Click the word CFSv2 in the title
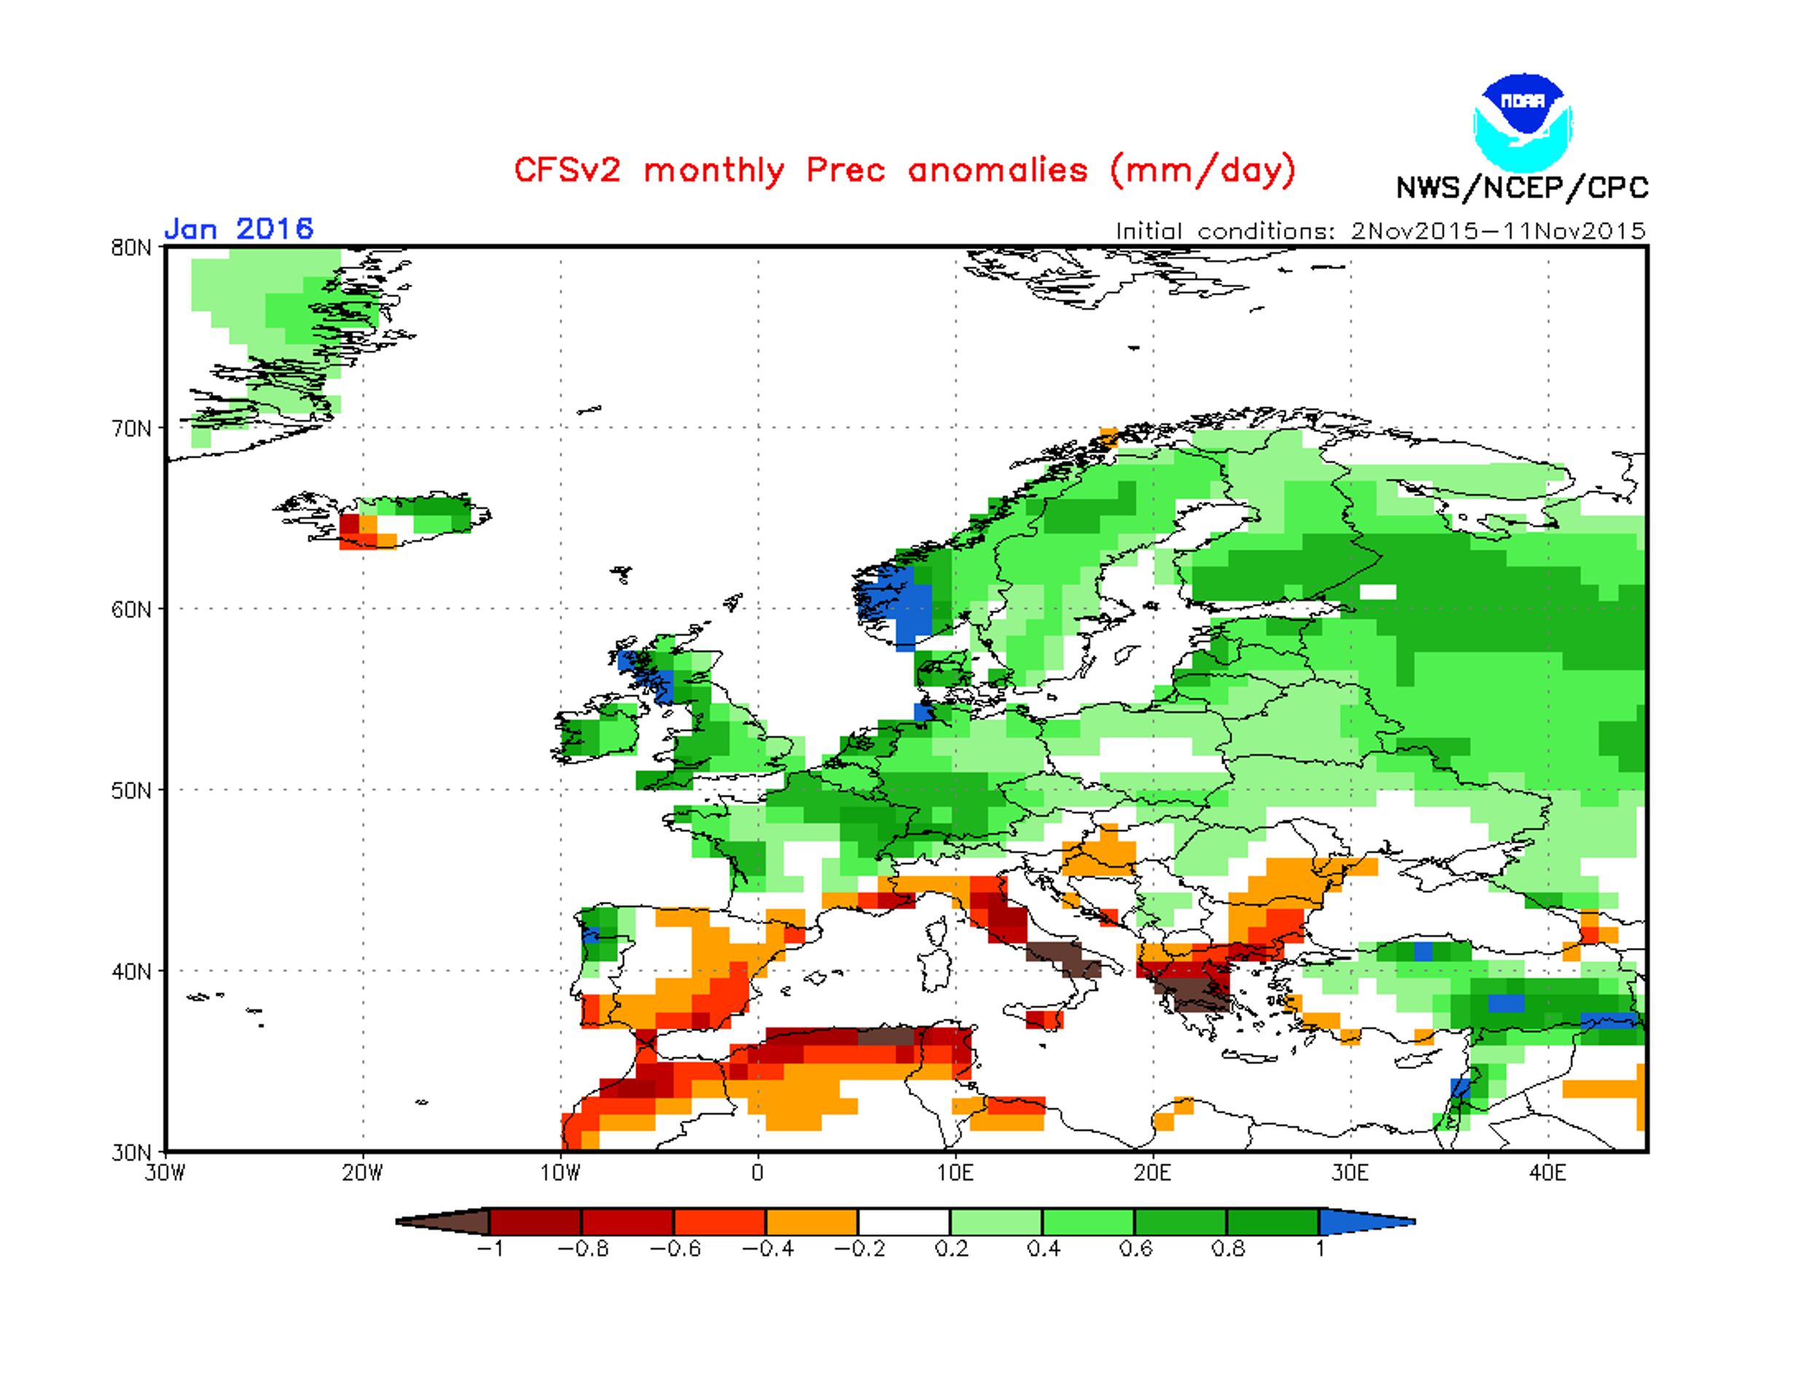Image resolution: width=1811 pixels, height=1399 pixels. tap(568, 170)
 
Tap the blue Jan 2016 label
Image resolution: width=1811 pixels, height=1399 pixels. tap(239, 228)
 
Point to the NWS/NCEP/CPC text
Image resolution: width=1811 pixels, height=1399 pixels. tap(1522, 188)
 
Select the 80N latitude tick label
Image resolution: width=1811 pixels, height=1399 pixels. tap(131, 248)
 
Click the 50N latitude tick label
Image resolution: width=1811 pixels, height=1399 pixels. tap(131, 791)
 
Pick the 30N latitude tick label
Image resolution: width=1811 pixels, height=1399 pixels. tap(131, 1152)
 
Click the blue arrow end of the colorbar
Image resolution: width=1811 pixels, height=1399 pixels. tap(1366, 1221)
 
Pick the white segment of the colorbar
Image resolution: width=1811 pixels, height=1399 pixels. tap(904, 1221)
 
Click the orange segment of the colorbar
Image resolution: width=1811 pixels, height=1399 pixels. tap(812, 1221)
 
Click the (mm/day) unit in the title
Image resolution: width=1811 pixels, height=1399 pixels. tap(1202, 170)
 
